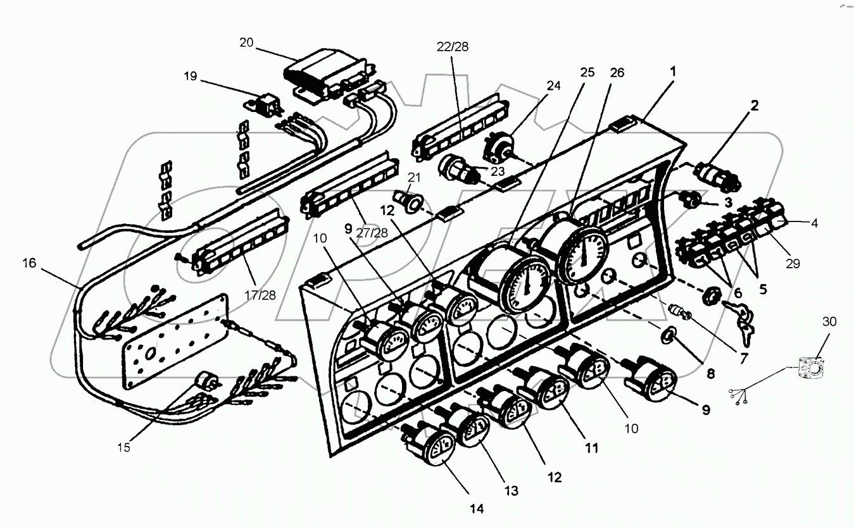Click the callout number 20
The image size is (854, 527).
coord(246,42)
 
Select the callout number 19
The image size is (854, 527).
coord(191,77)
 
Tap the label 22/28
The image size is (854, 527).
coord(453,46)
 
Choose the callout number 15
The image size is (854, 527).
coord(123,447)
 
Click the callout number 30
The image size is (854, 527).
coord(829,322)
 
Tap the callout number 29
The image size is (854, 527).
coord(793,263)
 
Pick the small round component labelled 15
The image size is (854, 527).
coord(206,381)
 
